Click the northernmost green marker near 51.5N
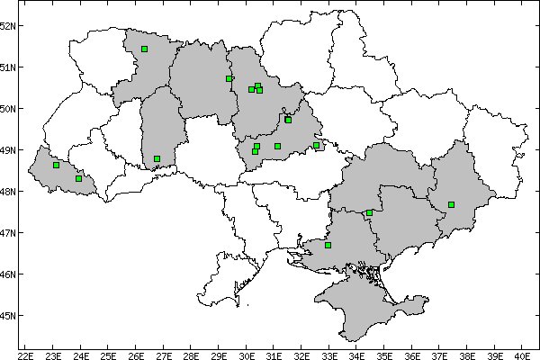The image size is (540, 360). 144,49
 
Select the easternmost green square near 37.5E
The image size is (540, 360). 451,204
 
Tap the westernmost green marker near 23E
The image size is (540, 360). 56,165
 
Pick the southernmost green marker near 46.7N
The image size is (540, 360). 328,245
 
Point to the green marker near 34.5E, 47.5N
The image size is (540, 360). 369,213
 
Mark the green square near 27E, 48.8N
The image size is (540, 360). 157,158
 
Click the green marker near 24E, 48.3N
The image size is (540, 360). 79,178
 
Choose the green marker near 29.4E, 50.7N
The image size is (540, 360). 229,78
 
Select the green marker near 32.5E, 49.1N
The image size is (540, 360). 316,145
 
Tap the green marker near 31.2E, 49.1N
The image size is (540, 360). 277,146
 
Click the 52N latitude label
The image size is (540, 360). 8,25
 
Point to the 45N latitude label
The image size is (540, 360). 8,316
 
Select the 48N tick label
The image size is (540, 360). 8,192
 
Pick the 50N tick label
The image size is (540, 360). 8,109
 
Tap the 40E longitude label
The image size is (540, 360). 521,354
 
